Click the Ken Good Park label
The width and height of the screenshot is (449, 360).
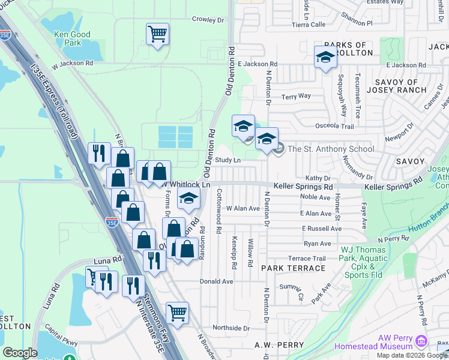tap(72, 39)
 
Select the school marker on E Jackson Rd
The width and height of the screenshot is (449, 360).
tap(325, 58)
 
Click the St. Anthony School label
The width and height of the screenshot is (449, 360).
tap(331, 149)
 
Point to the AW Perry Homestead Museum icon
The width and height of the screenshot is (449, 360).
tap(421, 342)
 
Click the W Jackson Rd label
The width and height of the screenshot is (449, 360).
tap(72, 62)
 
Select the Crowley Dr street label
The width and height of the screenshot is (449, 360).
tap(208, 20)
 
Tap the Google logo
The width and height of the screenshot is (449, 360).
tap(20, 353)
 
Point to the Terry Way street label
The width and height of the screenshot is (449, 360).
tap(297, 96)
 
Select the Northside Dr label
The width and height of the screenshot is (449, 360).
tap(231, 328)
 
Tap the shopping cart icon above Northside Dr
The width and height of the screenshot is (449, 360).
tap(177, 312)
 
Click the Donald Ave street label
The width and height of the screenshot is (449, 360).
tap(216, 281)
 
